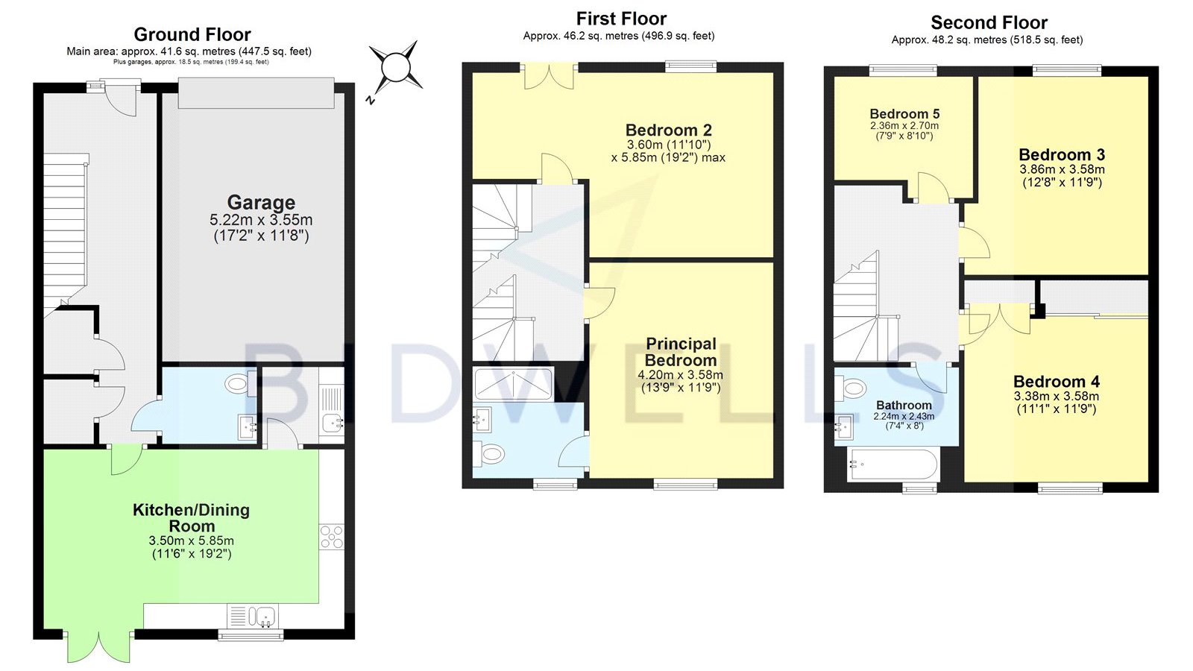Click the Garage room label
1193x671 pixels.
click(261, 202)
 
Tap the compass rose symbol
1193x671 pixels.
click(396, 68)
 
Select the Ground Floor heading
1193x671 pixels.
click(192, 34)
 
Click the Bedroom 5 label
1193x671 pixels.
click(904, 113)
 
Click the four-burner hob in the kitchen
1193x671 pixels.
click(332, 537)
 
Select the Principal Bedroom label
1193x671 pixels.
click(681, 351)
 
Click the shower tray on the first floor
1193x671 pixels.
click(514, 383)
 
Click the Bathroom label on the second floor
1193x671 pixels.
click(904, 406)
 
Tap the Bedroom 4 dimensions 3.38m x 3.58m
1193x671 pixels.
click(1056, 396)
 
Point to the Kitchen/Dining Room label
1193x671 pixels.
click(191, 517)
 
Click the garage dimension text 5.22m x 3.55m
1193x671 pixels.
click(261, 220)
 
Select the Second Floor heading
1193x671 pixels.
click(989, 23)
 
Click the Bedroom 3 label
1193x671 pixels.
click(1062, 154)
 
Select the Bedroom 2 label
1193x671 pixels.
click(668, 130)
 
